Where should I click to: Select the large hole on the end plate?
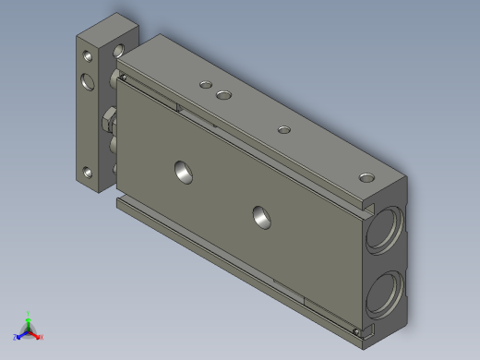[88, 80]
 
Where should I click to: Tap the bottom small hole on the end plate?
[87, 172]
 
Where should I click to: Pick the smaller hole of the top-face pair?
[205, 85]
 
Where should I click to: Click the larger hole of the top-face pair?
[223, 93]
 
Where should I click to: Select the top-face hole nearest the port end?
[366, 175]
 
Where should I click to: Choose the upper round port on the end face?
[382, 232]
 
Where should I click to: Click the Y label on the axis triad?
[29, 314]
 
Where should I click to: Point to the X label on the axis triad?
[42, 338]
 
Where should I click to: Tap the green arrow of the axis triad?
[29, 322]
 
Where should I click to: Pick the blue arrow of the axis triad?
[21, 334]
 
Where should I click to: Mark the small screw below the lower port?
[357, 330]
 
